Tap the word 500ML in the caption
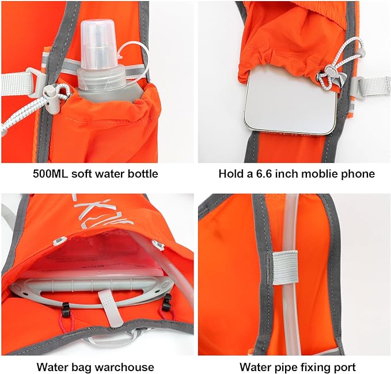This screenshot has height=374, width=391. pos(50,173)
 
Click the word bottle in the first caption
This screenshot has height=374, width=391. pos(143,173)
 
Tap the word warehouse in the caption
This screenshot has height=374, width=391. pos(127,367)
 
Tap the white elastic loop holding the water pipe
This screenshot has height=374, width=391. pos(284,266)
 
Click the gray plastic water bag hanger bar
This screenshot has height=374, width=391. pos(92,288)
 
